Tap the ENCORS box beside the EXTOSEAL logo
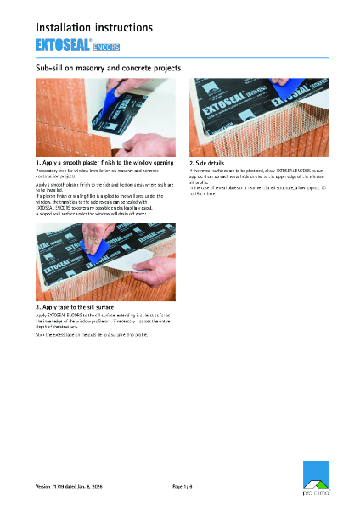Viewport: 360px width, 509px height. [106, 46]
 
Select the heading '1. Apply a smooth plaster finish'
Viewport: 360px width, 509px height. [104, 161]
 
